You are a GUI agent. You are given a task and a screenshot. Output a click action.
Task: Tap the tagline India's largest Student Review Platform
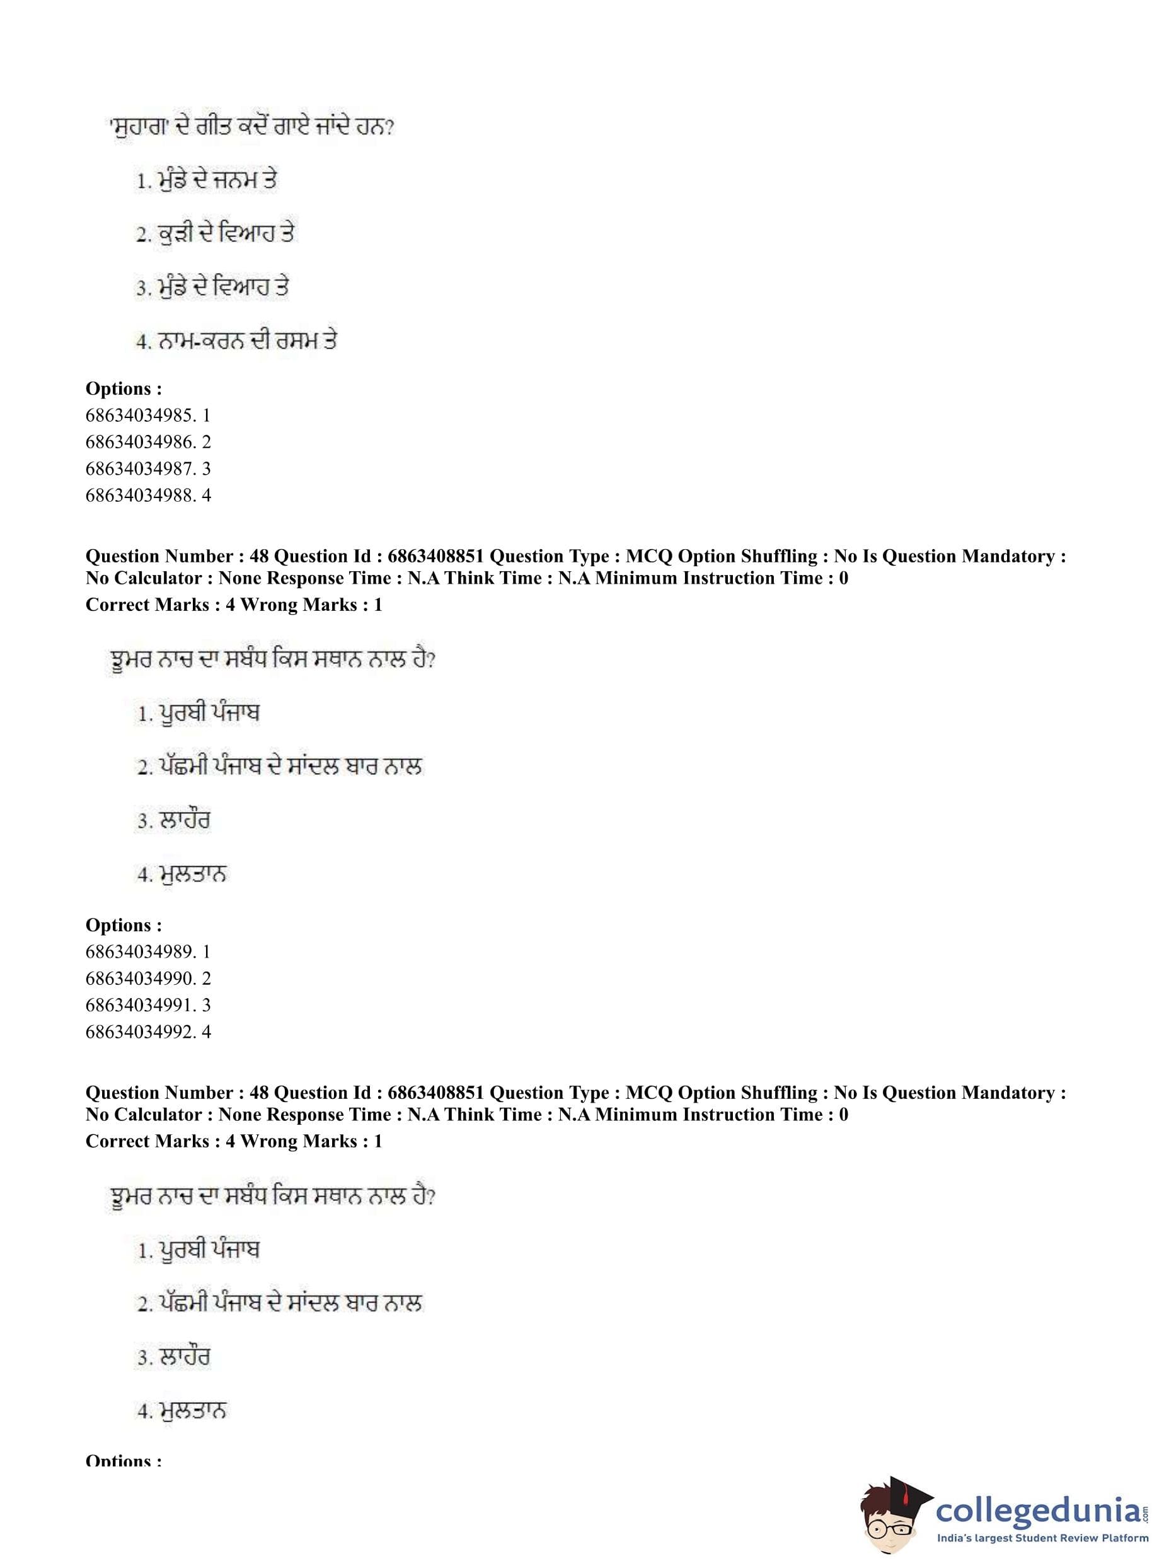pos(1042,1538)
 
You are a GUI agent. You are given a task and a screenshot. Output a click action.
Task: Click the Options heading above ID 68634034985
pos(124,388)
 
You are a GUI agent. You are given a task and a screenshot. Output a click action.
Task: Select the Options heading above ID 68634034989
pos(124,925)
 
